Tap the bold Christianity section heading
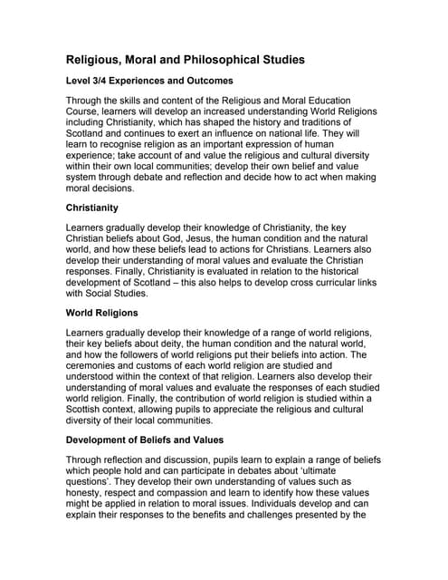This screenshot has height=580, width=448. (99, 208)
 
